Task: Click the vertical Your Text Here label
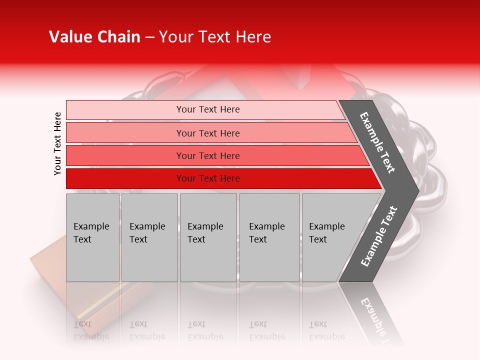coord(57,143)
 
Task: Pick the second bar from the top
coord(208,133)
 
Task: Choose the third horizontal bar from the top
coord(208,155)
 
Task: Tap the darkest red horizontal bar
coord(208,178)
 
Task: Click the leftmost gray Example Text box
coord(92,237)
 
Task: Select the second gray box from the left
coord(149,237)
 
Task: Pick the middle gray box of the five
coord(208,237)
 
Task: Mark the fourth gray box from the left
coord(269,237)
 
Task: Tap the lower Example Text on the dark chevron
coord(379,236)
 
